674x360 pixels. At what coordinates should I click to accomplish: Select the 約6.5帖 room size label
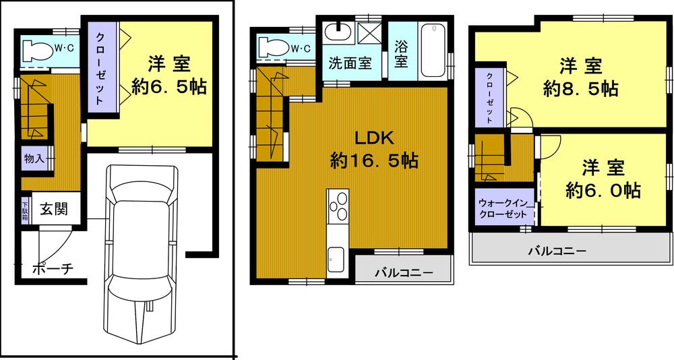click(x=169, y=88)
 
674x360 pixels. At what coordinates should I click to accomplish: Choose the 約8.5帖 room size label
click(x=580, y=88)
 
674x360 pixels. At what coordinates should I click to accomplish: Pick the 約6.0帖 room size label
click(x=603, y=190)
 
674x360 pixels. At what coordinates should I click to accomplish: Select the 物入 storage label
click(x=34, y=159)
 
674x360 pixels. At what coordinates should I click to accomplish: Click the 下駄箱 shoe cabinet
click(x=25, y=209)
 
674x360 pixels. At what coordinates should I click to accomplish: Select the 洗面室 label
click(x=350, y=63)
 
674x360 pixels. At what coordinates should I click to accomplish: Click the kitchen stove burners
click(x=337, y=206)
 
